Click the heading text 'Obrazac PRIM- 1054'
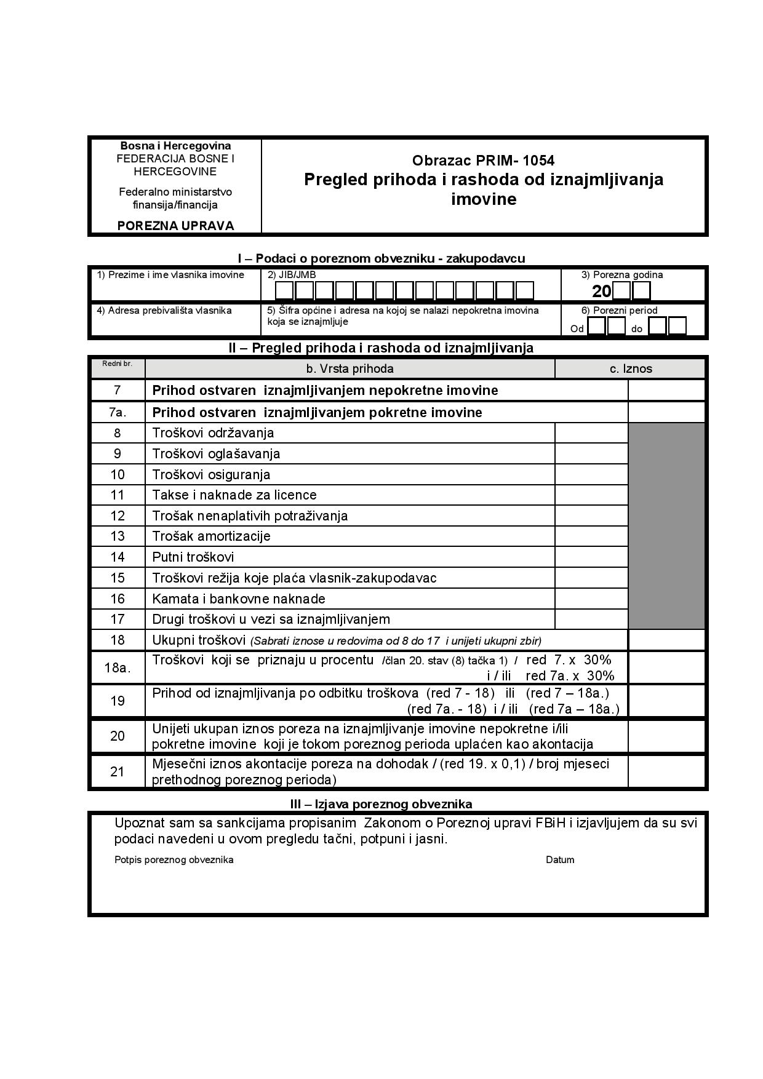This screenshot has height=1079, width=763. (483, 161)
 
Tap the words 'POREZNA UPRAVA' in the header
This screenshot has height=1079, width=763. (175, 226)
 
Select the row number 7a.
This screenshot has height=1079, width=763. (117, 412)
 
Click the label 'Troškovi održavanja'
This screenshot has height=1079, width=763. (213, 433)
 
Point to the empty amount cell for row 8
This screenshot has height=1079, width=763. (591, 433)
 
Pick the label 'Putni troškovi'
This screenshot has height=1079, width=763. (193, 557)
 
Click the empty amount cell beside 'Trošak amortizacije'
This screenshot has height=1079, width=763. (591, 536)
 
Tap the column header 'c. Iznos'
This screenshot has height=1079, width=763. (630, 368)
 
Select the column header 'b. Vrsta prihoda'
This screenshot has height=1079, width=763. (350, 368)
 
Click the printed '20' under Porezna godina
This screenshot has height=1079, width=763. (601, 292)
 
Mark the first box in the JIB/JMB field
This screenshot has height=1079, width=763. (284, 290)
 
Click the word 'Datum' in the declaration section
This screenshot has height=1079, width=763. (560, 860)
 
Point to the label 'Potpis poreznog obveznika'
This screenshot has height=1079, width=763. (174, 860)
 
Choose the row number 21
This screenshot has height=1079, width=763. (117, 771)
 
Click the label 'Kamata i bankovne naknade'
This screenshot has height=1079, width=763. (239, 599)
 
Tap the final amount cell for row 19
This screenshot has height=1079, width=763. (666, 701)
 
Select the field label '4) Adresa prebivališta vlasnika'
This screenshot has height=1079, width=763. (164, 311)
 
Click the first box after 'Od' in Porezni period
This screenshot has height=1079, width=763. (596, 326)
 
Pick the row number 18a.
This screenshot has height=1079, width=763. (117, 667)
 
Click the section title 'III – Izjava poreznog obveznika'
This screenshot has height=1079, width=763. (381, 804)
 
